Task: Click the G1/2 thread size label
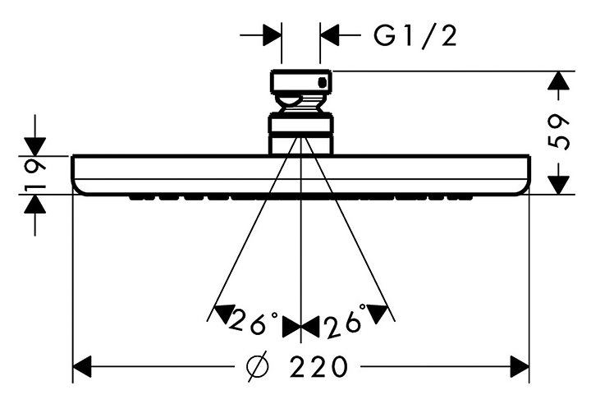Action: click(414, 35)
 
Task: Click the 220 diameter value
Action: click(318, 365)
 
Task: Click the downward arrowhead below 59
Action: click(558, 184)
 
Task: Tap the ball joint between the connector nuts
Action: click(301, 104)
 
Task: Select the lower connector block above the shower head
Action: click(301, 134)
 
